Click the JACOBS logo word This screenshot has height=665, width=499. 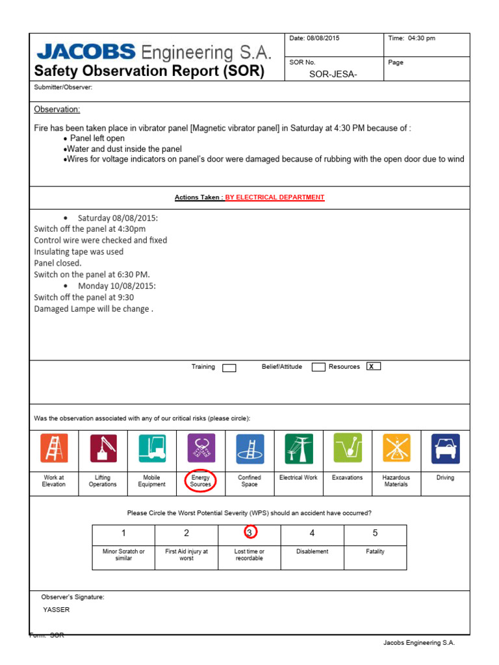click(x=86, y=51)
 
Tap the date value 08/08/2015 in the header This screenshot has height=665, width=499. click(x=323, y=38)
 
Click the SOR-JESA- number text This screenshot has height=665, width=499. click(x=333, y=74)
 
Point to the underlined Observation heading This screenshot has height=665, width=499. click(x=57, y=109)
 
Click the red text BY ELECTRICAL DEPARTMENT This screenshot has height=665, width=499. click(x=275, y=197)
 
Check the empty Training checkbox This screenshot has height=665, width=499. click(x=229, y=368)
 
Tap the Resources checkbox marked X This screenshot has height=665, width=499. click(x=373, y=367)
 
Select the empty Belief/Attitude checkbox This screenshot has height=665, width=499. click(x=318, y=368)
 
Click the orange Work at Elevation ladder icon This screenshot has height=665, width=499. click(x=54, y=448)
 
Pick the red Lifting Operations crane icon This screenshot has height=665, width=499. click(x=103, y=448)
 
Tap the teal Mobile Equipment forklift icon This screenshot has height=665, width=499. click(x=152, y=448)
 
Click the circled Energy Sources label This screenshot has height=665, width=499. click(x=201, y=481)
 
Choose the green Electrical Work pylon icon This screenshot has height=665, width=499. click(x=299, y=448)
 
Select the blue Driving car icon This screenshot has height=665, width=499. click(x=445, y=448)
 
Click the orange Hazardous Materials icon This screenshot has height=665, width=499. click(x=396, y=448)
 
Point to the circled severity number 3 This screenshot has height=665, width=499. click(x=249, y=533)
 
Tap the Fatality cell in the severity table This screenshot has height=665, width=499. click(x=375, y=552)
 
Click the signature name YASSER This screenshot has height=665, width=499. click(x=57, y=610)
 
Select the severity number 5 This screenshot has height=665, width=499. click(x=375, y=533)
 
